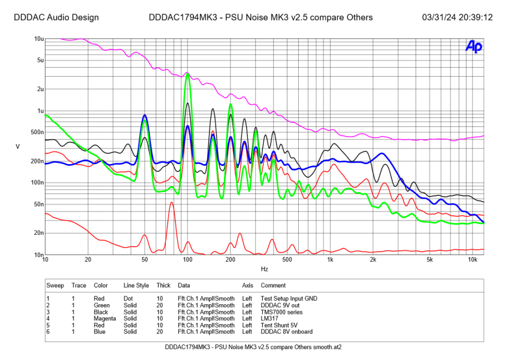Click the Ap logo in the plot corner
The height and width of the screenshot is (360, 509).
[474, 47]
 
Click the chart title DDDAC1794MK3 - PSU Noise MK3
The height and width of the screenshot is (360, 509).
[260, 17]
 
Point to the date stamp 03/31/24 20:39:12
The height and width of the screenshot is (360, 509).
[457, 17]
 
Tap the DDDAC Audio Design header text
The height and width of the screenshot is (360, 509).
[56, 17]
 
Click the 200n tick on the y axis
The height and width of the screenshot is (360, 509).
[37, 161]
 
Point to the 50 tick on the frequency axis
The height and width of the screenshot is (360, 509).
[144, 260]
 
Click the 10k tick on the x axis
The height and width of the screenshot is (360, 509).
[472, 260]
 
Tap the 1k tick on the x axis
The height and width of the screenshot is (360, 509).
[330, 260]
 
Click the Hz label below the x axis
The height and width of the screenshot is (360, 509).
[264, 269]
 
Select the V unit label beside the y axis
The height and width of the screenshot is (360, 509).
[18, 147]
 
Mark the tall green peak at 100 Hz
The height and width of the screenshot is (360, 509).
[187, 74]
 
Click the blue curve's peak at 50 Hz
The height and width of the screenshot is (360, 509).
[144, 116]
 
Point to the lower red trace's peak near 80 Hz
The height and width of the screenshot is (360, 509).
[172, 202]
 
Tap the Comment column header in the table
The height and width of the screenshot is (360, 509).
[273, 285]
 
